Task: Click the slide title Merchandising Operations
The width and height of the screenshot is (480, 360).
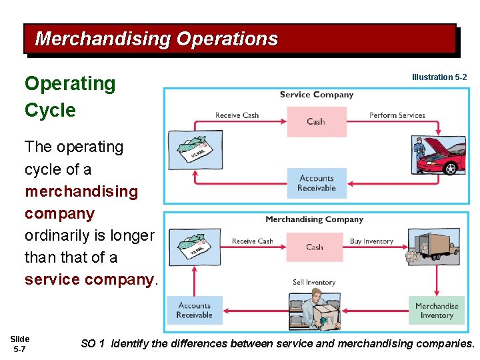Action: click(156, 39)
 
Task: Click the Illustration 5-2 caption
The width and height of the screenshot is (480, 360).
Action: click(439, 77)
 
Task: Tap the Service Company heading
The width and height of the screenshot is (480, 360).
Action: click(316, 95)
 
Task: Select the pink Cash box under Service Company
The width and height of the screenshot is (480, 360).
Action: click(316, 121)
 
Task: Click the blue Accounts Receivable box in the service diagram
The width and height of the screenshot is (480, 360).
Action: click(316, 183)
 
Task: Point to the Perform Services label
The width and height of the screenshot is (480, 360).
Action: click(397, 115)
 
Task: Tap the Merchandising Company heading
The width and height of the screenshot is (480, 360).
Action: click(314, 219)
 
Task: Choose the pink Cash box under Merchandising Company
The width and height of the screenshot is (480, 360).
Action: click(315, 247)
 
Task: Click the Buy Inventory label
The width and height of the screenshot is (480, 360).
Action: click(371, 241)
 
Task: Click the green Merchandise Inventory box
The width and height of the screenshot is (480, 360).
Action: click(437, 311)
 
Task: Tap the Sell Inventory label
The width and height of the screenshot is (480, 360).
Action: click(313, 282)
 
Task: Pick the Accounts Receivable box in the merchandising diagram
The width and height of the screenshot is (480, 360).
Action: click(195, 310)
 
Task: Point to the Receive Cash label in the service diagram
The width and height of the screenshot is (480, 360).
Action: click(237, 115)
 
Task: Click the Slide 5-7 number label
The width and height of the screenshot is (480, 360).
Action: click(20, 344)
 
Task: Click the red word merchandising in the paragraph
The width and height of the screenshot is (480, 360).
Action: click(81, 191)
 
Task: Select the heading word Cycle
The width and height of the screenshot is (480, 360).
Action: click(50, 110)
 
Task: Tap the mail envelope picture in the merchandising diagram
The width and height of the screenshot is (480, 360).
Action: click(194, 247)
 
